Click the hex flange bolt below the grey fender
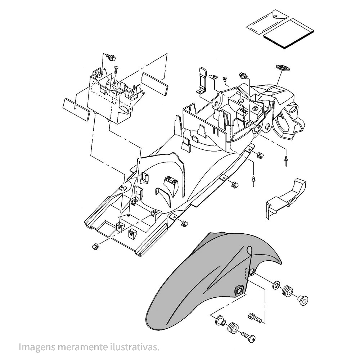click(x=254, y=317)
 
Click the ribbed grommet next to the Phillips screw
click(x=233, y=328)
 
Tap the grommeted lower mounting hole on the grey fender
click(x=239, y=290)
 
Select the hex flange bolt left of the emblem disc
click(x=243, y=76)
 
